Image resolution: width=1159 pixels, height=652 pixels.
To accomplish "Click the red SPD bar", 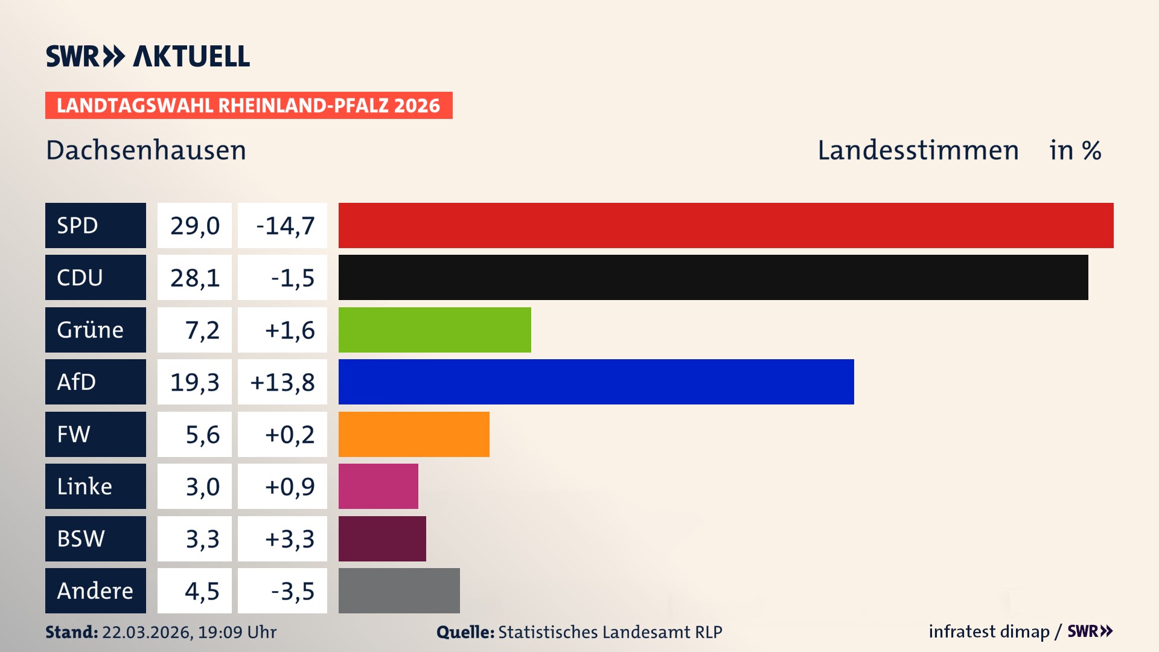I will (726, 225).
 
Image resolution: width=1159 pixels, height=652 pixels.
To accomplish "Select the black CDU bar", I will (713, 277).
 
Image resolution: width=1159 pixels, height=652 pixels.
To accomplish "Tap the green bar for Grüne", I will (435, 330).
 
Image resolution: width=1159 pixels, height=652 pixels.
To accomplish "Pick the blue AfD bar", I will (596, 382).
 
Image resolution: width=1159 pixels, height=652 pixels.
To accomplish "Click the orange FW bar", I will (413, 434).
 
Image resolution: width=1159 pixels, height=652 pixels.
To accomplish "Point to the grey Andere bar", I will (399, 590).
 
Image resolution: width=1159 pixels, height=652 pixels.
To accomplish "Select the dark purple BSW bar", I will (382, 539).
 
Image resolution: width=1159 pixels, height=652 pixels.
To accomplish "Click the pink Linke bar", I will (378, 486).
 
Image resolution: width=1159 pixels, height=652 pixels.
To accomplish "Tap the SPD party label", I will (95, 225).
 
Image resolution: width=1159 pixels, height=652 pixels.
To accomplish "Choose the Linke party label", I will (95, 486).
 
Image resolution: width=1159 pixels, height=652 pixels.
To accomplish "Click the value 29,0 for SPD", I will (194, 225).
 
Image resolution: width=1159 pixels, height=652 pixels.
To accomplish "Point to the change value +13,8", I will (282, 382).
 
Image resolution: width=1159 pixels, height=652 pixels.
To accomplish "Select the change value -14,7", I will (285, 225).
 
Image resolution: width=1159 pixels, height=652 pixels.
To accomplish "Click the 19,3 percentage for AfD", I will (194, 382).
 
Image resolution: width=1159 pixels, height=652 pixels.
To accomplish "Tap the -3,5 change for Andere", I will (292, 590).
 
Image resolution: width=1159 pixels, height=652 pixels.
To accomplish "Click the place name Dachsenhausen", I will (146, 150).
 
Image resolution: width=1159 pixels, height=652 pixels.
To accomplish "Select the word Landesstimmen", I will (918, 150).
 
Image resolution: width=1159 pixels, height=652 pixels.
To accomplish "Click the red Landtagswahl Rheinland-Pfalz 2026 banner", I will (249, 105).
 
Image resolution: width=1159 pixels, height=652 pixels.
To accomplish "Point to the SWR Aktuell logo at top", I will (148, 56).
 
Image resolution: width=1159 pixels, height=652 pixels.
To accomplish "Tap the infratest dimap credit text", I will (989, 631).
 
